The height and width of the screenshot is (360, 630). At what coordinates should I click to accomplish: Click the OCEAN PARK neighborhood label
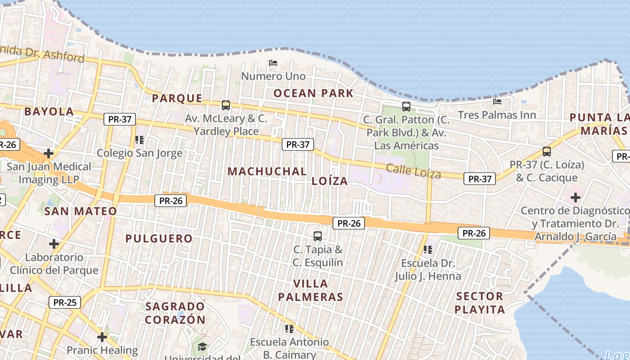[314, 93]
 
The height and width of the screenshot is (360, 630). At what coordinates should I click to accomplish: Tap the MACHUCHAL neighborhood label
[267, 171]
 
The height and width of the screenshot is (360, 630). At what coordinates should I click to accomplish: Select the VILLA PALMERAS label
[310, 290]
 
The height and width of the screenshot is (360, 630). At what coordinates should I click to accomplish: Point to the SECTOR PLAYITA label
[479, 303]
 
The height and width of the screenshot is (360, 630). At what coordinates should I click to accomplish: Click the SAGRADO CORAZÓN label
[175, 313]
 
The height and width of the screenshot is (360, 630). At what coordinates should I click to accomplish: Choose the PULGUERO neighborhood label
[159, 238]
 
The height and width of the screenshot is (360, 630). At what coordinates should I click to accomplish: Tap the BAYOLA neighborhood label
[49, 112]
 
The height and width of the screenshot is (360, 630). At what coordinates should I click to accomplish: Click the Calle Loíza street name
[413, 171]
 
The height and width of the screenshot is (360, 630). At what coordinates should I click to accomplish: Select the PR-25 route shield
[65, 302]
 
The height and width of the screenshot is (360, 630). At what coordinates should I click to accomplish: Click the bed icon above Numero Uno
[273, 63]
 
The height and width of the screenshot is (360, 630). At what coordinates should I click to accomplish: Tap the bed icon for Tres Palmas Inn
[497, 102]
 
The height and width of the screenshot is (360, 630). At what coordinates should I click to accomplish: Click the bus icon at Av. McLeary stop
[226, 105]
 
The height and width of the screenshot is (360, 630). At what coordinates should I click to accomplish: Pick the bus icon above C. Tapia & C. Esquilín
[318, 236]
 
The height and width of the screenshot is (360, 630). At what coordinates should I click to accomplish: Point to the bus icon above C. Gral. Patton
[406, 107]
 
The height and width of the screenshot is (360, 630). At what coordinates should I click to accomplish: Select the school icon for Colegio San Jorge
[139, 140]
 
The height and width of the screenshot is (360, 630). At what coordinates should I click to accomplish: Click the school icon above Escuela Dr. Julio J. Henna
[427, 249]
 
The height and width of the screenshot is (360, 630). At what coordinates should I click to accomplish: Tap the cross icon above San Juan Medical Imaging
[49, 153]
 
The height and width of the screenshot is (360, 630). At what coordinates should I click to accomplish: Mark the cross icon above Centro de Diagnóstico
[575, 197]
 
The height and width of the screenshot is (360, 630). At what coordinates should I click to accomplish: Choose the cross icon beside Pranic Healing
[102, 337]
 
